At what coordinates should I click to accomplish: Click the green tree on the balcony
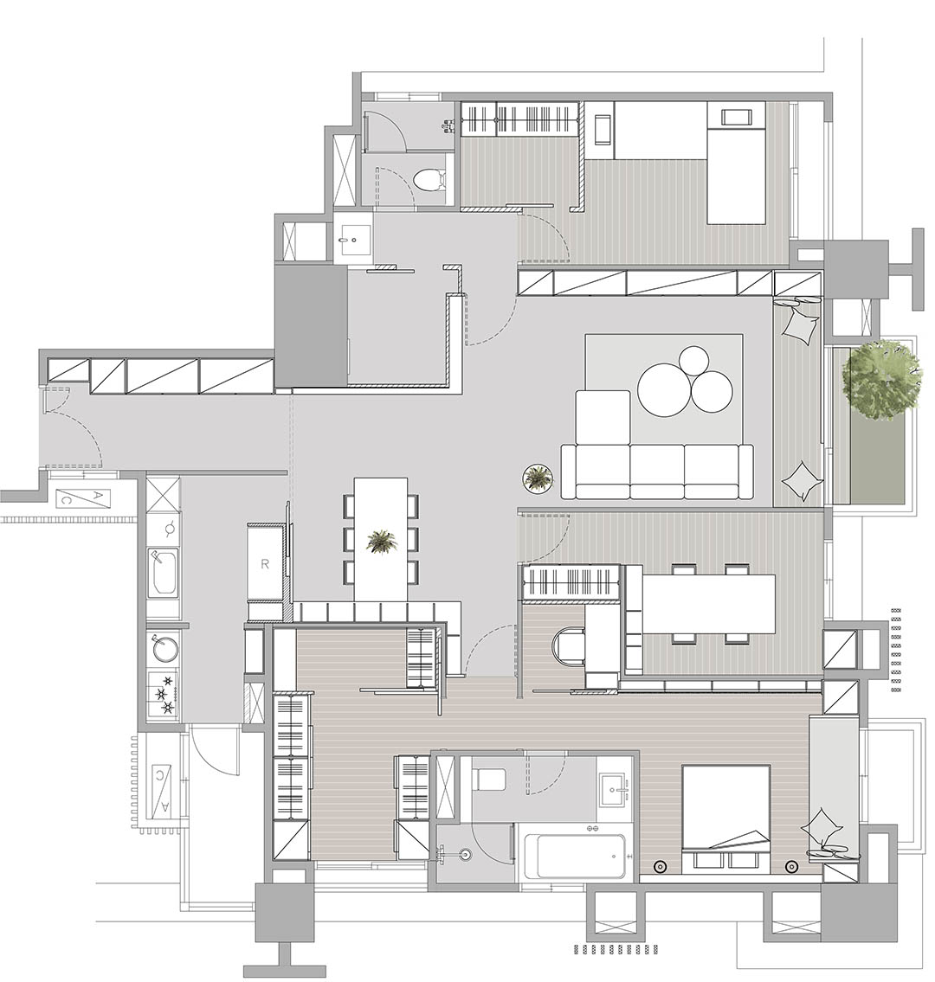881,380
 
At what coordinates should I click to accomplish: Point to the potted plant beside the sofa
538,478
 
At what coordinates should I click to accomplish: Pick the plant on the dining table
382,542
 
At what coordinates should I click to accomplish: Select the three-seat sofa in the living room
657,472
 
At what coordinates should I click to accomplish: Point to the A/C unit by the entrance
83,497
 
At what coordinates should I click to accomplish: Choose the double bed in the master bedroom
725,819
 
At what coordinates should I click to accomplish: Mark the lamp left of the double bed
659,867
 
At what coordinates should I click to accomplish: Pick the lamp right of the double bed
791,867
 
